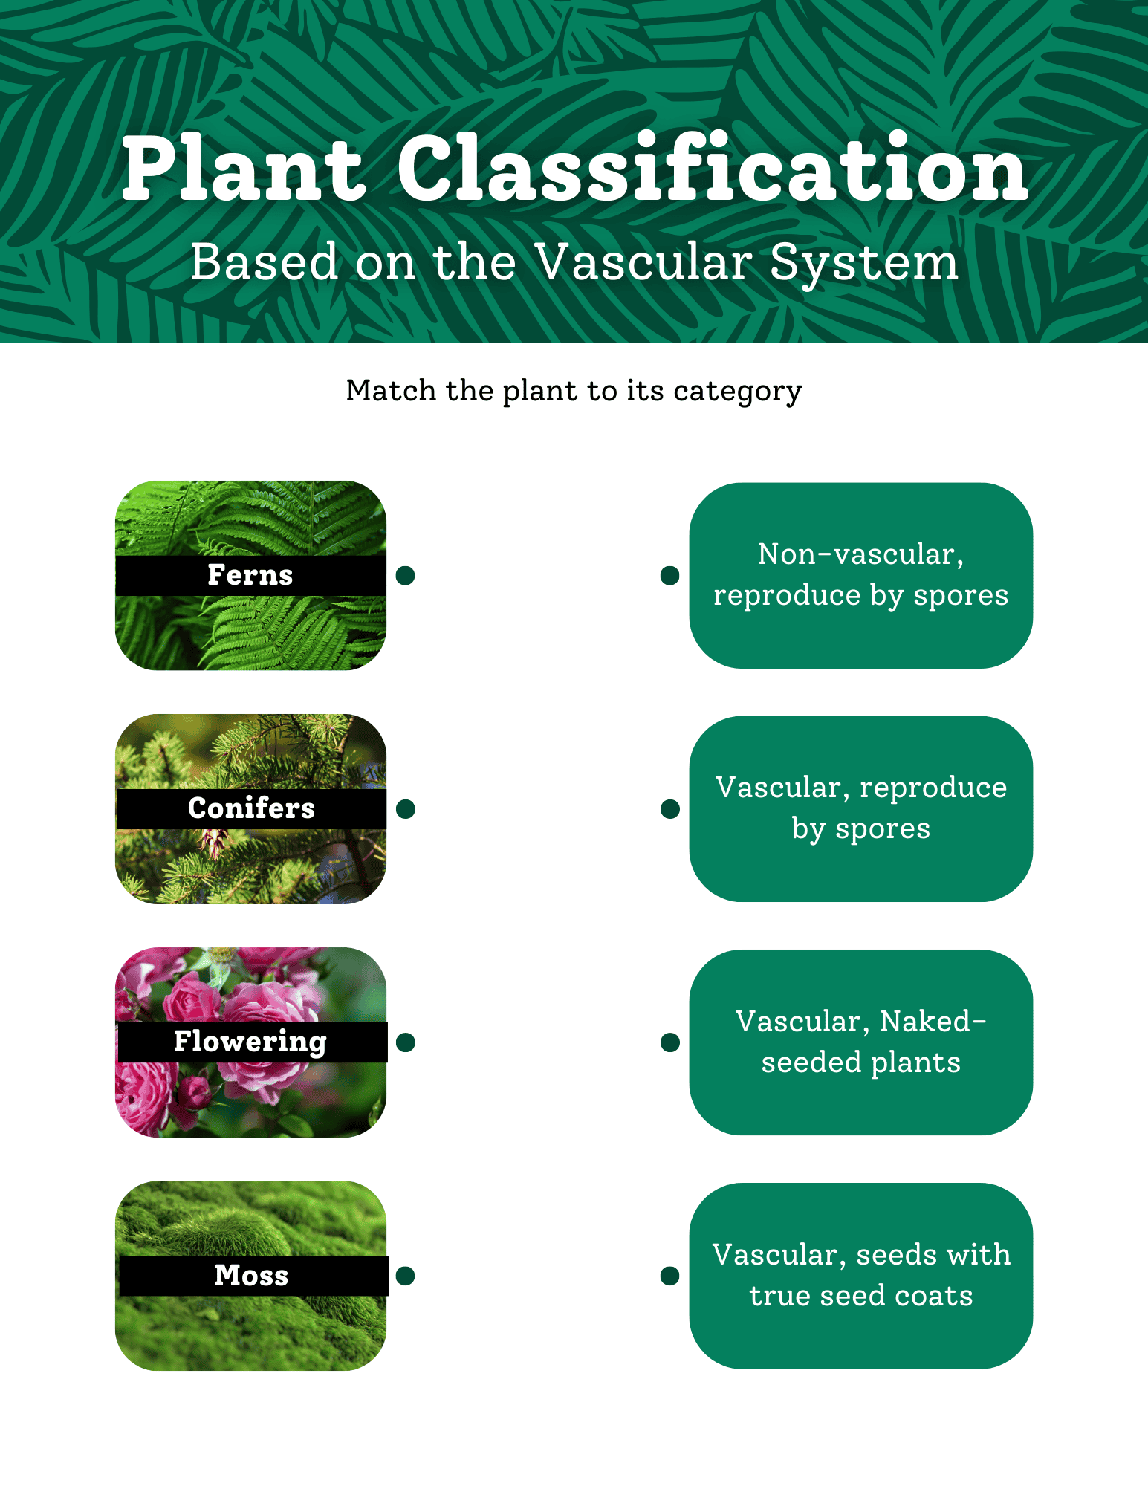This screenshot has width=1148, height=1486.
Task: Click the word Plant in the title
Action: tap(244, 169)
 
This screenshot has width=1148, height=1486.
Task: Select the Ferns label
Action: tap(250, 574)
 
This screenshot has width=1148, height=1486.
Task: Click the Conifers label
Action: tap(251, 808)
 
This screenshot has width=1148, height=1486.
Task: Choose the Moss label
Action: tap(251, 1275)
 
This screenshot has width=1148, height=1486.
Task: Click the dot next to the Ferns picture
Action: tap(405, 575)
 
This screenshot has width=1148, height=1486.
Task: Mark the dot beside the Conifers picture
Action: tap(405, 808)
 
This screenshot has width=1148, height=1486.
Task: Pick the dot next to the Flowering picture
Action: tap(405, 1042)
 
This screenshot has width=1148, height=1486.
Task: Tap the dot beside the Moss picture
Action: tap(405, 1276)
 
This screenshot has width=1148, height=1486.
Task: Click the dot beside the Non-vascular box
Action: tap(669, 575)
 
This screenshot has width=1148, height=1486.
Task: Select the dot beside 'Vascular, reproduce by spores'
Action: tap(669, 808)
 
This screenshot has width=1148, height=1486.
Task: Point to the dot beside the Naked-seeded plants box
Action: tap(669, 1042)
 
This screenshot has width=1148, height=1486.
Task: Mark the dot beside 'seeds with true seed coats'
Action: tap(669, 1276)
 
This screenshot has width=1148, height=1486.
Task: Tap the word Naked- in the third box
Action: tap(933, 1021)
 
